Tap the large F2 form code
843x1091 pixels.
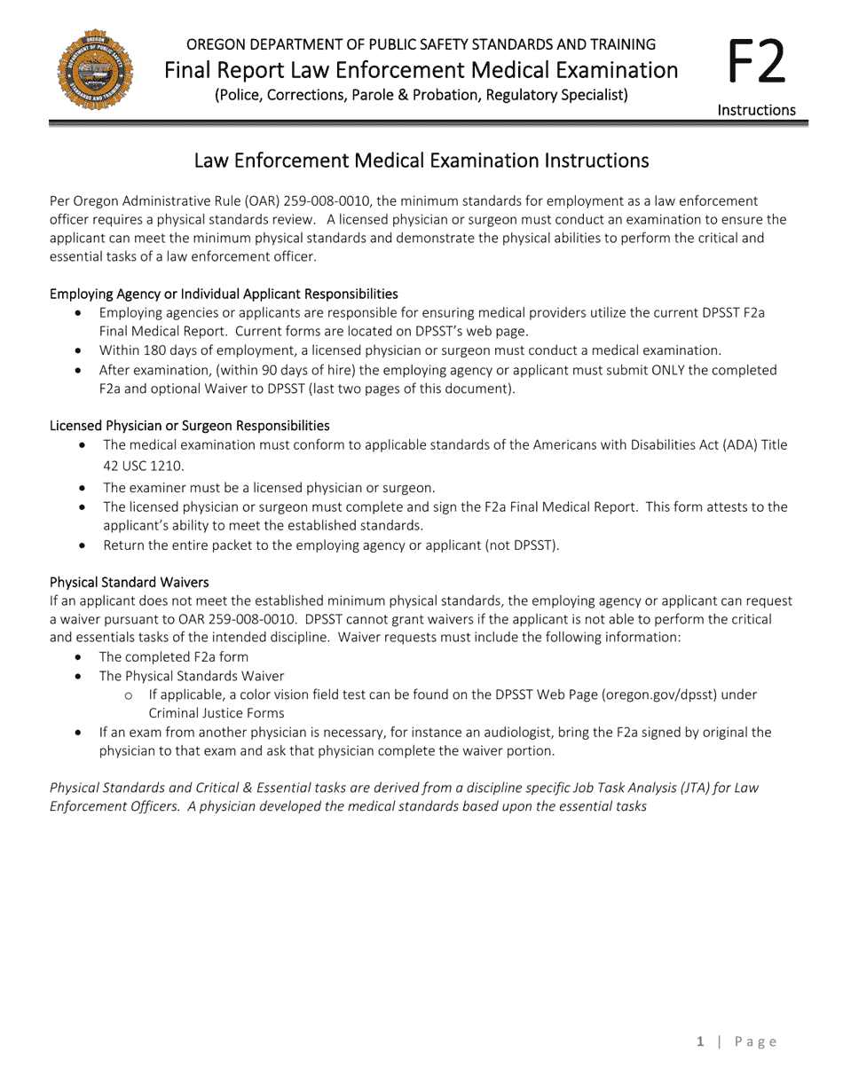point(756,65)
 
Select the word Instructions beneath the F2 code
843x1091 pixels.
point(756,110)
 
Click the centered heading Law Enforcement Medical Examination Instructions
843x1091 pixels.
point(421,161)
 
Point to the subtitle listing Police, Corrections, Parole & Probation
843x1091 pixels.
point(421,95)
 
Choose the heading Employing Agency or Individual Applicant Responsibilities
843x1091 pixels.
point(224,294)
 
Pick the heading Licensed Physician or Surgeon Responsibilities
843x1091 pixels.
point(190,426)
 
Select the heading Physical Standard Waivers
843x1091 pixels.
point(130,582)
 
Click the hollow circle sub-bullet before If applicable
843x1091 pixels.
point(130,695)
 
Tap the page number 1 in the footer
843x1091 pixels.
point(700,1042)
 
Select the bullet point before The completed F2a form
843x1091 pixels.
point(80,657)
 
